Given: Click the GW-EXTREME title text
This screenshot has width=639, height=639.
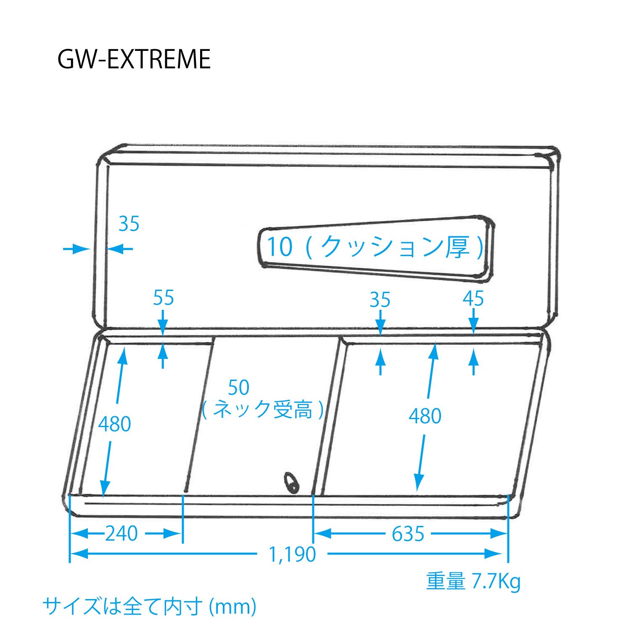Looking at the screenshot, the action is (x=134, y=59).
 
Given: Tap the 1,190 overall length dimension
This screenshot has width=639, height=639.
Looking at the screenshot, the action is (x=292, y=555).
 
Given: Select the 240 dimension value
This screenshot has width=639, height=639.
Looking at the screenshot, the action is (x=121, y=534).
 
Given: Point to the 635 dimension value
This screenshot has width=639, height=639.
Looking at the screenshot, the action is (x=408, y=534).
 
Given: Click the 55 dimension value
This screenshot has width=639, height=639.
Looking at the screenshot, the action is (x=163, y=298).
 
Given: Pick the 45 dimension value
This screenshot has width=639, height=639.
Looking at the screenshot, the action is (x=473, y=298).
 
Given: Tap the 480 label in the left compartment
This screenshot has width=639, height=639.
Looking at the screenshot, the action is (x=114, y=424).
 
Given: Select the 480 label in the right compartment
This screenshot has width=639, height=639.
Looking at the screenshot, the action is (x=425, y=416).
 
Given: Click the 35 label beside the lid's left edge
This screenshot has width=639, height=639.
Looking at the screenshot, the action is (x=129, y=224).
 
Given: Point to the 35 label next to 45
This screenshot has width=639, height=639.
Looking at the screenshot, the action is (x=380, y=299).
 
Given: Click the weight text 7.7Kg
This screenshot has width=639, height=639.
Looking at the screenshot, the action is (x=496, y=582).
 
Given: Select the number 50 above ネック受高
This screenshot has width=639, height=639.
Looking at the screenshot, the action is (x=238, y=388).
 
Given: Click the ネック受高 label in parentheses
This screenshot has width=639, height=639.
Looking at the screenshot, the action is (x=263, y=409).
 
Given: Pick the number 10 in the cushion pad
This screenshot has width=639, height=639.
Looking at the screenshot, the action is (x=280, y=246).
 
